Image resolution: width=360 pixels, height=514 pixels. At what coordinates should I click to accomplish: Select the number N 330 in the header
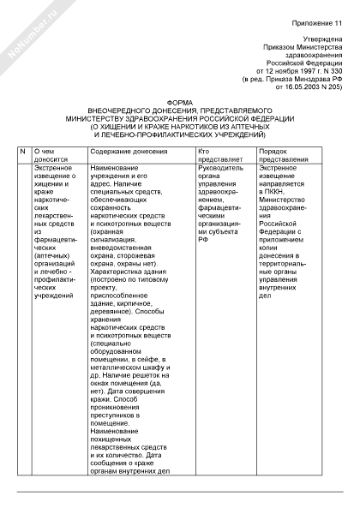tap(332, 70)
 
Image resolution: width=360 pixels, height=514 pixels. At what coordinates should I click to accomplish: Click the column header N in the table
tap(23, 151)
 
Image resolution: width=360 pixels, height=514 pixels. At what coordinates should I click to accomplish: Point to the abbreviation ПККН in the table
tap(278, 200)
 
